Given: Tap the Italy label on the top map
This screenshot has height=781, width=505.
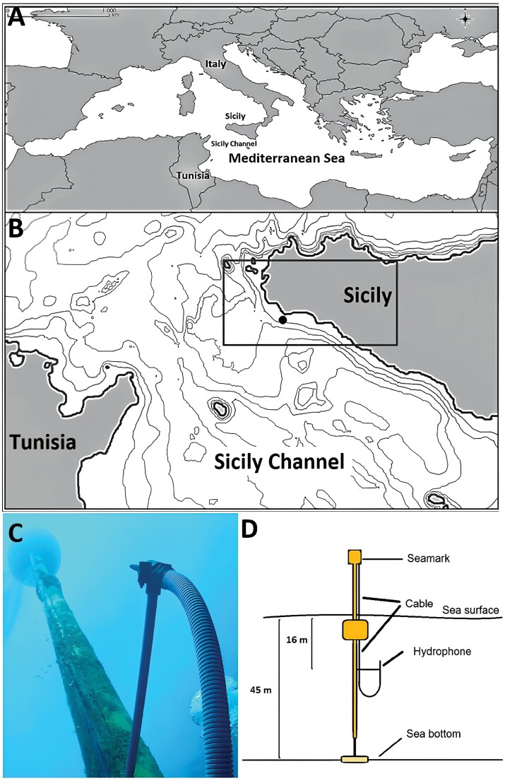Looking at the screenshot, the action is [215, 64].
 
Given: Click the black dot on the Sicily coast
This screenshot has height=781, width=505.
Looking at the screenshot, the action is [283, 320].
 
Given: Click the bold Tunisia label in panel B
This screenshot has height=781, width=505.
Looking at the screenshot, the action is [42, 444].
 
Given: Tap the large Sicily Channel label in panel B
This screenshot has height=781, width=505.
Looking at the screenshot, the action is [278, 462].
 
